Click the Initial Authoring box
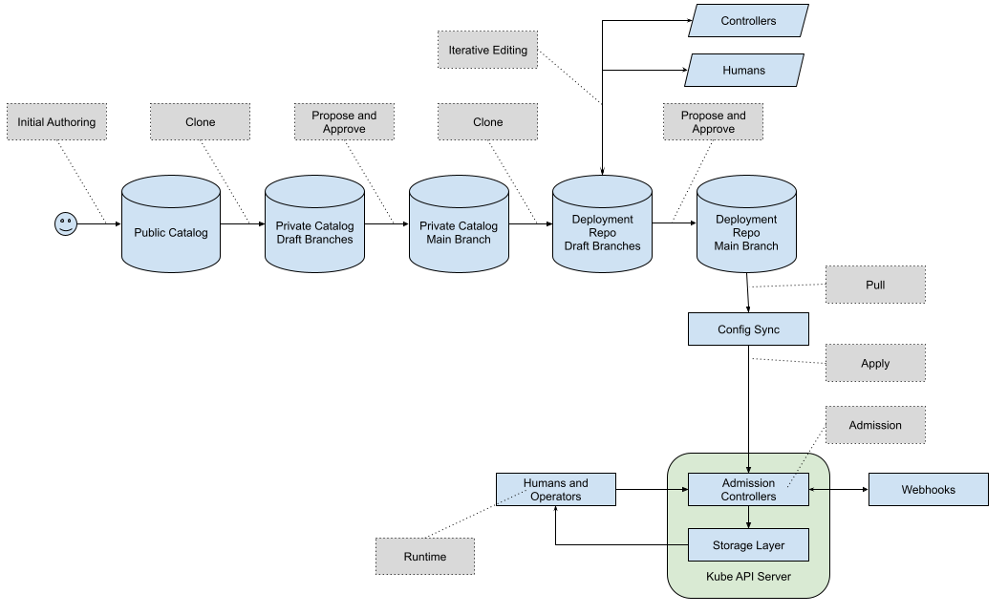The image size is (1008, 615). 56,122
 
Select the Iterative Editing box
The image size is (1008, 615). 487,50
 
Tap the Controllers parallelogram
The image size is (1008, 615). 748,21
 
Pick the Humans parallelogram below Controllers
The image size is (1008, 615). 743,71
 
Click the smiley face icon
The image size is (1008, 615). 65,224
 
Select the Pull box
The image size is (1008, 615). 875,285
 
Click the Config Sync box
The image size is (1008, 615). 748,329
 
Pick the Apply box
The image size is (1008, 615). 875,364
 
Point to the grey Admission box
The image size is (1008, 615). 875,425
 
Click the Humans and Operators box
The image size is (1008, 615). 555,490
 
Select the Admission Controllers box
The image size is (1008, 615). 748,490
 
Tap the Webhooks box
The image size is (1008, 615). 928,490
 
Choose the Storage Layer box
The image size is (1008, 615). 748,545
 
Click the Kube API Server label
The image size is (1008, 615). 748,577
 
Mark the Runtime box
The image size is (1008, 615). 424,557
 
